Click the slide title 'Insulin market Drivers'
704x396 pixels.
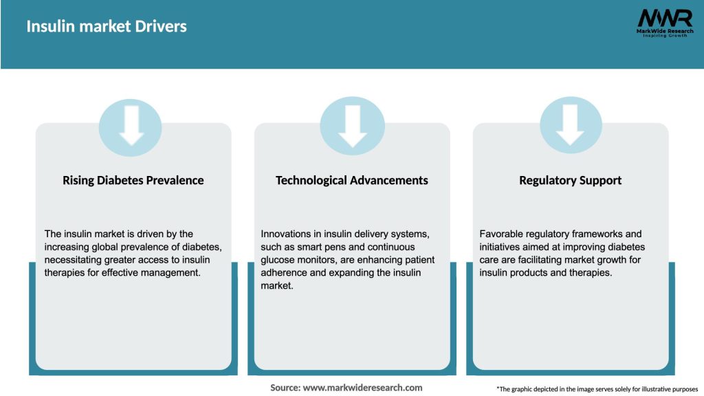coord(107,27)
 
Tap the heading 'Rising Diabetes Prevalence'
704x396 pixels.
coord(133,180)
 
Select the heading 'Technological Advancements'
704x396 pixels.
coord(351,180)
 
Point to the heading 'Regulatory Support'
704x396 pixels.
coord(570,180)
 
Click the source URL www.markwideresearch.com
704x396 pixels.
coord(363,388)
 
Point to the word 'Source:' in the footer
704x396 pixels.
coord(285,388)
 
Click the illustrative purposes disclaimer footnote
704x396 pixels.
coord(597,389)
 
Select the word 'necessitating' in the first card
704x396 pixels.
coord(74,259)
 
